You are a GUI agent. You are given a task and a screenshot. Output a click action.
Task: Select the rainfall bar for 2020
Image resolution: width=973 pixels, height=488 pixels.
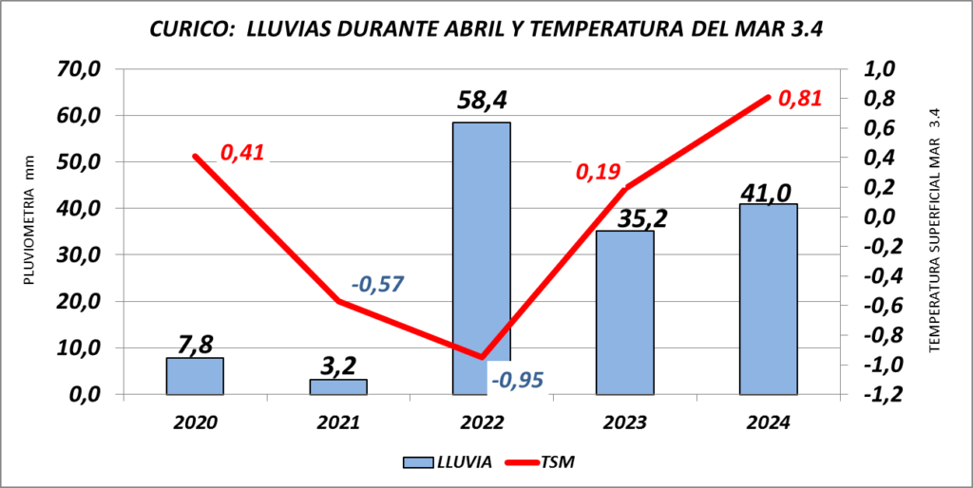point(195,376)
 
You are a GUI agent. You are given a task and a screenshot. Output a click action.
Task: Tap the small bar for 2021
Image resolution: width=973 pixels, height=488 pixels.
point(338,386)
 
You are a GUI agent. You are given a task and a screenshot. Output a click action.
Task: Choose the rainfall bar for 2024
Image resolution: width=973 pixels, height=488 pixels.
point(769,299)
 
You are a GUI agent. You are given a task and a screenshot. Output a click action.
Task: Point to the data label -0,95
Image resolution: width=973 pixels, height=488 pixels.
point(519,380)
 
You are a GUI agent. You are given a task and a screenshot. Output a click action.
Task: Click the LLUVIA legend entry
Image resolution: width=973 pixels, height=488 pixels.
point(447,462)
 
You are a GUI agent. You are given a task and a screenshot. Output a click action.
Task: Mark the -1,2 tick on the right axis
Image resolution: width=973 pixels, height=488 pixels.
point(876,394)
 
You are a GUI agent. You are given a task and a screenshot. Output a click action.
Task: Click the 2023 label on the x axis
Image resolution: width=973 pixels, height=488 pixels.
point(625,422)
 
